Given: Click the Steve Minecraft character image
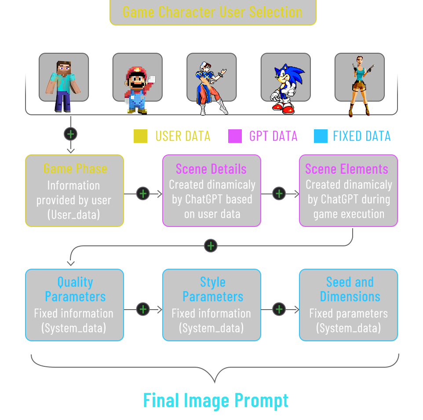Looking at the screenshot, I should pyautogui.click(x=64, y=84).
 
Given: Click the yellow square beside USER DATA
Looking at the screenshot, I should pyautogui.click(x=141, y=136).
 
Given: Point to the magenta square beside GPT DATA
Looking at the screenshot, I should pyautogui.click(x=235, y=136).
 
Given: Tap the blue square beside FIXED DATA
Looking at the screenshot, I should pyautogui.click(x=321, y=136).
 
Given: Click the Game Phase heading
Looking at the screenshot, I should pyautogui.click(x=75, y=168).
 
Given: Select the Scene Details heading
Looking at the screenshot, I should pyautogui.click(x=211, y=169).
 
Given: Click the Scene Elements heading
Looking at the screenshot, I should pyautogui.click(x=346, y=169).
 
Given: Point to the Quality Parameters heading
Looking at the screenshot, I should pyautogui.click(x=75, y=289).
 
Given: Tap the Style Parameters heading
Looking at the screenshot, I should pyautogui.click(x=213, y=289).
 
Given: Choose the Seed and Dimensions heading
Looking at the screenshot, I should pyautogui.click(x=350, y=289).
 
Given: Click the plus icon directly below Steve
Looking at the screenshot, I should pyautogui.click(x=71, y=134).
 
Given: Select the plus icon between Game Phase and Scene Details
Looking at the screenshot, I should pyautogui.click(x=143, y=193).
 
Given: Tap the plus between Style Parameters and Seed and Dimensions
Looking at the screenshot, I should pyautogui.click(x=279, y=309).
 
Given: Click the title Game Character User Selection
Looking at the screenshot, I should pyautogui.click(x=212, y=12).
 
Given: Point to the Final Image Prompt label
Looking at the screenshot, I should pyautogui.click(x=216, y=401).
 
